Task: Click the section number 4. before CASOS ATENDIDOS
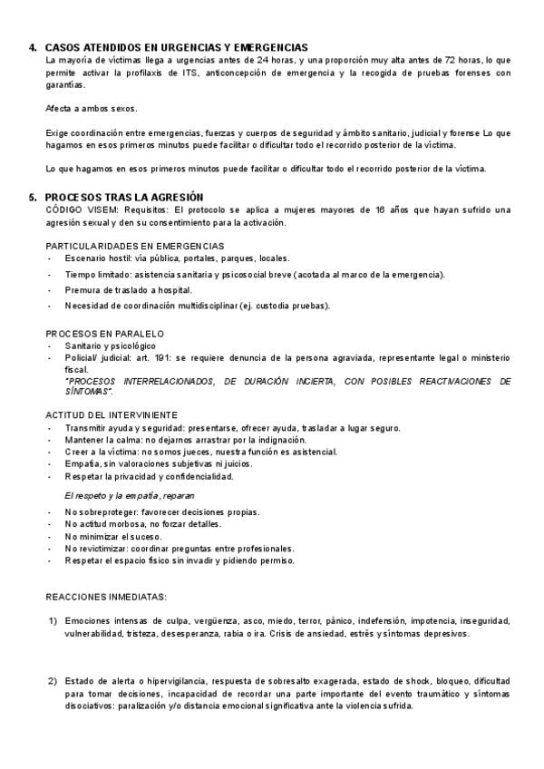(x=33, y=47)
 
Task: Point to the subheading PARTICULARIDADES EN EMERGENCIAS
(x=135, y=246)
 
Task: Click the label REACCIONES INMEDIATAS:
(x=106, y=596)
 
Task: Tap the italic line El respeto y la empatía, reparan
(x=129, y=497)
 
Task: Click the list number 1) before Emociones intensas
(x=53, y=621)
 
